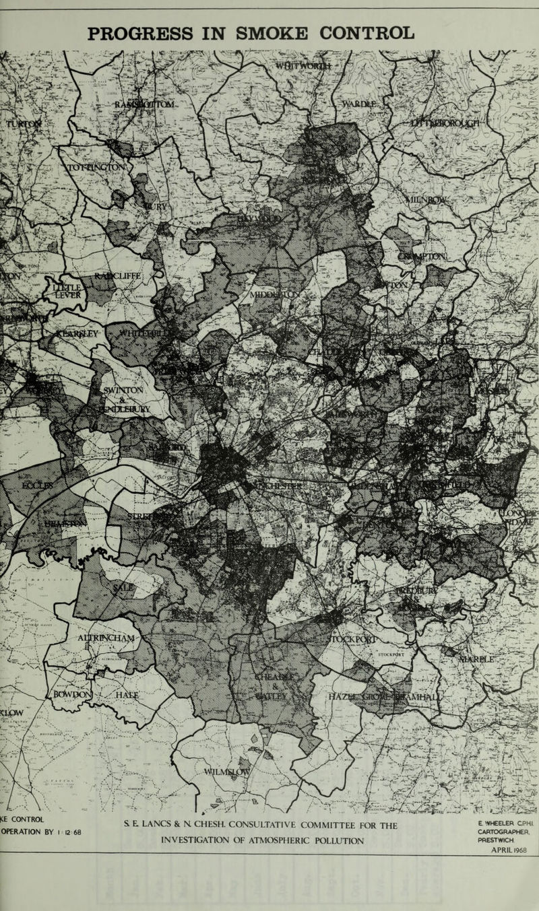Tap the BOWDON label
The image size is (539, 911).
click(69, 694)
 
